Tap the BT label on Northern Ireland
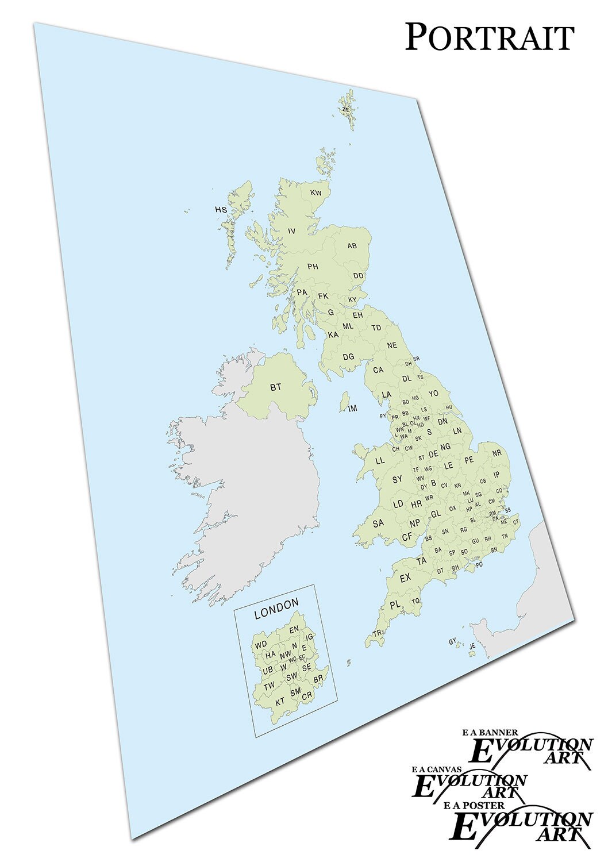click(276, 387)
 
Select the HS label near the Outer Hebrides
click(221, 210)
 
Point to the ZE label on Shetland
click(345, 109)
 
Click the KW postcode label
click(316, 193)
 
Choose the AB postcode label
click(352, 246)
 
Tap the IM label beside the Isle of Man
click(353, 409)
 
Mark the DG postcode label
click(348, 357)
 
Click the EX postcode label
click(406, 578)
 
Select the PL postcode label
click(395, 605)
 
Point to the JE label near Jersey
click(472, 646)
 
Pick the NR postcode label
click(497, 453)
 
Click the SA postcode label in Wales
click(378, 524)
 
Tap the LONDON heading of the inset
click(276, 604)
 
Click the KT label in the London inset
click(280, 702)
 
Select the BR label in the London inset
click(318, 679)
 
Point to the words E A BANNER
click(490, 733)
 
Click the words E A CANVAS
click(436, 768)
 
